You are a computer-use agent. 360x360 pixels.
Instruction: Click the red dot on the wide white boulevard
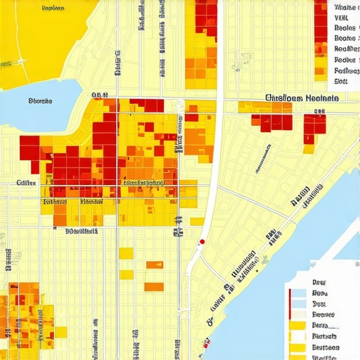pyautogui.click(x=202, y=242)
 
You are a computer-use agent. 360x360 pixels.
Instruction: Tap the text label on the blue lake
pyautogui.click(x=41, y=101)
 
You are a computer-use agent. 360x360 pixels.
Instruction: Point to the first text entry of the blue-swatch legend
pyautogui.click(x=319, y=281)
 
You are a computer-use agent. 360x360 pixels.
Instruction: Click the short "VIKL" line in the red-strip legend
pyautogui.click(x=341, y=18)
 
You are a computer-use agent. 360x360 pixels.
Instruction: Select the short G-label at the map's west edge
pyautogui.click(x=26, y=182)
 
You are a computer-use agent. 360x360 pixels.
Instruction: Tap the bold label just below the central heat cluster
pyautogui.click(x=82, y=231)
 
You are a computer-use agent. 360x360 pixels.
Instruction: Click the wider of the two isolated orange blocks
pyautogui.click(x=154, y=286)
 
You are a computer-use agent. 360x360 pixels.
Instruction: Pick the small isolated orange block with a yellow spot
pyautogui.click(x=155, y=265)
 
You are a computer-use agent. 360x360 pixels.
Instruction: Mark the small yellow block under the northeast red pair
pyautogui.click(x=309, y=149)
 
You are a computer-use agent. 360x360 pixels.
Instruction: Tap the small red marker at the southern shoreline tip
pyautogui.click(x=206, y=345)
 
